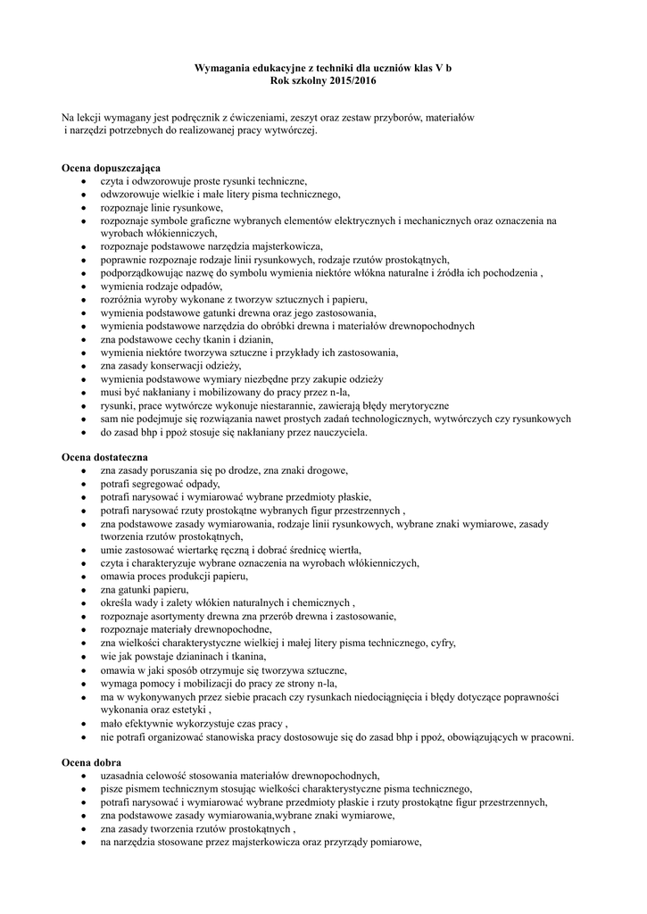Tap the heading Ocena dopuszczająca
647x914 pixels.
(111, 168)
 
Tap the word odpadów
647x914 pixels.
(197, 287)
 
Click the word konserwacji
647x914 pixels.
(177, 366)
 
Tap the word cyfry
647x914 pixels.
(441, 643)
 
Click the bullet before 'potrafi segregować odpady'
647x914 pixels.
(83, 483)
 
